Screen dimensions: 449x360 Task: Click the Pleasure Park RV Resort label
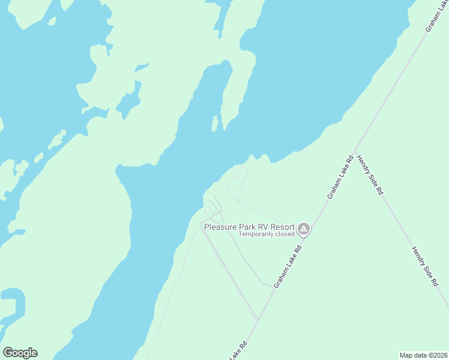coord(249,227)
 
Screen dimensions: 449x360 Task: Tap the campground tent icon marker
coord(304,229)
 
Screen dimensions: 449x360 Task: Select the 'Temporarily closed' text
coord(267,234)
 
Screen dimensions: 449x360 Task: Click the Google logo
coord(20,353)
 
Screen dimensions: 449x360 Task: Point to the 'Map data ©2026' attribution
coord(424,355)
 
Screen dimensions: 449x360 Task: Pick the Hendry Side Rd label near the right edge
coord(425,267)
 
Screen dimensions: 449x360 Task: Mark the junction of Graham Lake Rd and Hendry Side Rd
coord(355,151)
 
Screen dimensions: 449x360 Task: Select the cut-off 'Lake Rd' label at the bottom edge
coord(238,351)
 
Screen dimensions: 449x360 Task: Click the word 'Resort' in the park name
coord(282,227)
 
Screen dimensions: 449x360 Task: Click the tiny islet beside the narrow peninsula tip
coord(214,124)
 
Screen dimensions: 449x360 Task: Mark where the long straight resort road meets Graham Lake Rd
coord(258,319)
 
